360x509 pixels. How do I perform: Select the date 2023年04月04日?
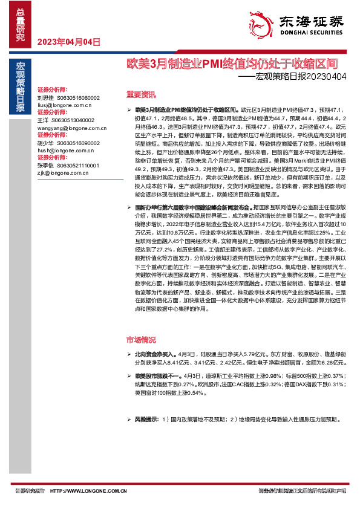pos(68,42)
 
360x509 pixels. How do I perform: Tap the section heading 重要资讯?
pos(140,94)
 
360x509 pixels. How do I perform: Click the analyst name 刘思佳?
pos(45,97)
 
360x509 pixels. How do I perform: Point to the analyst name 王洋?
pos(42,120)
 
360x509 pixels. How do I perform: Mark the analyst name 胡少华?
pos(45,143)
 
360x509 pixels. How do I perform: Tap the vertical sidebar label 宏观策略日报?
pos(20,88)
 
